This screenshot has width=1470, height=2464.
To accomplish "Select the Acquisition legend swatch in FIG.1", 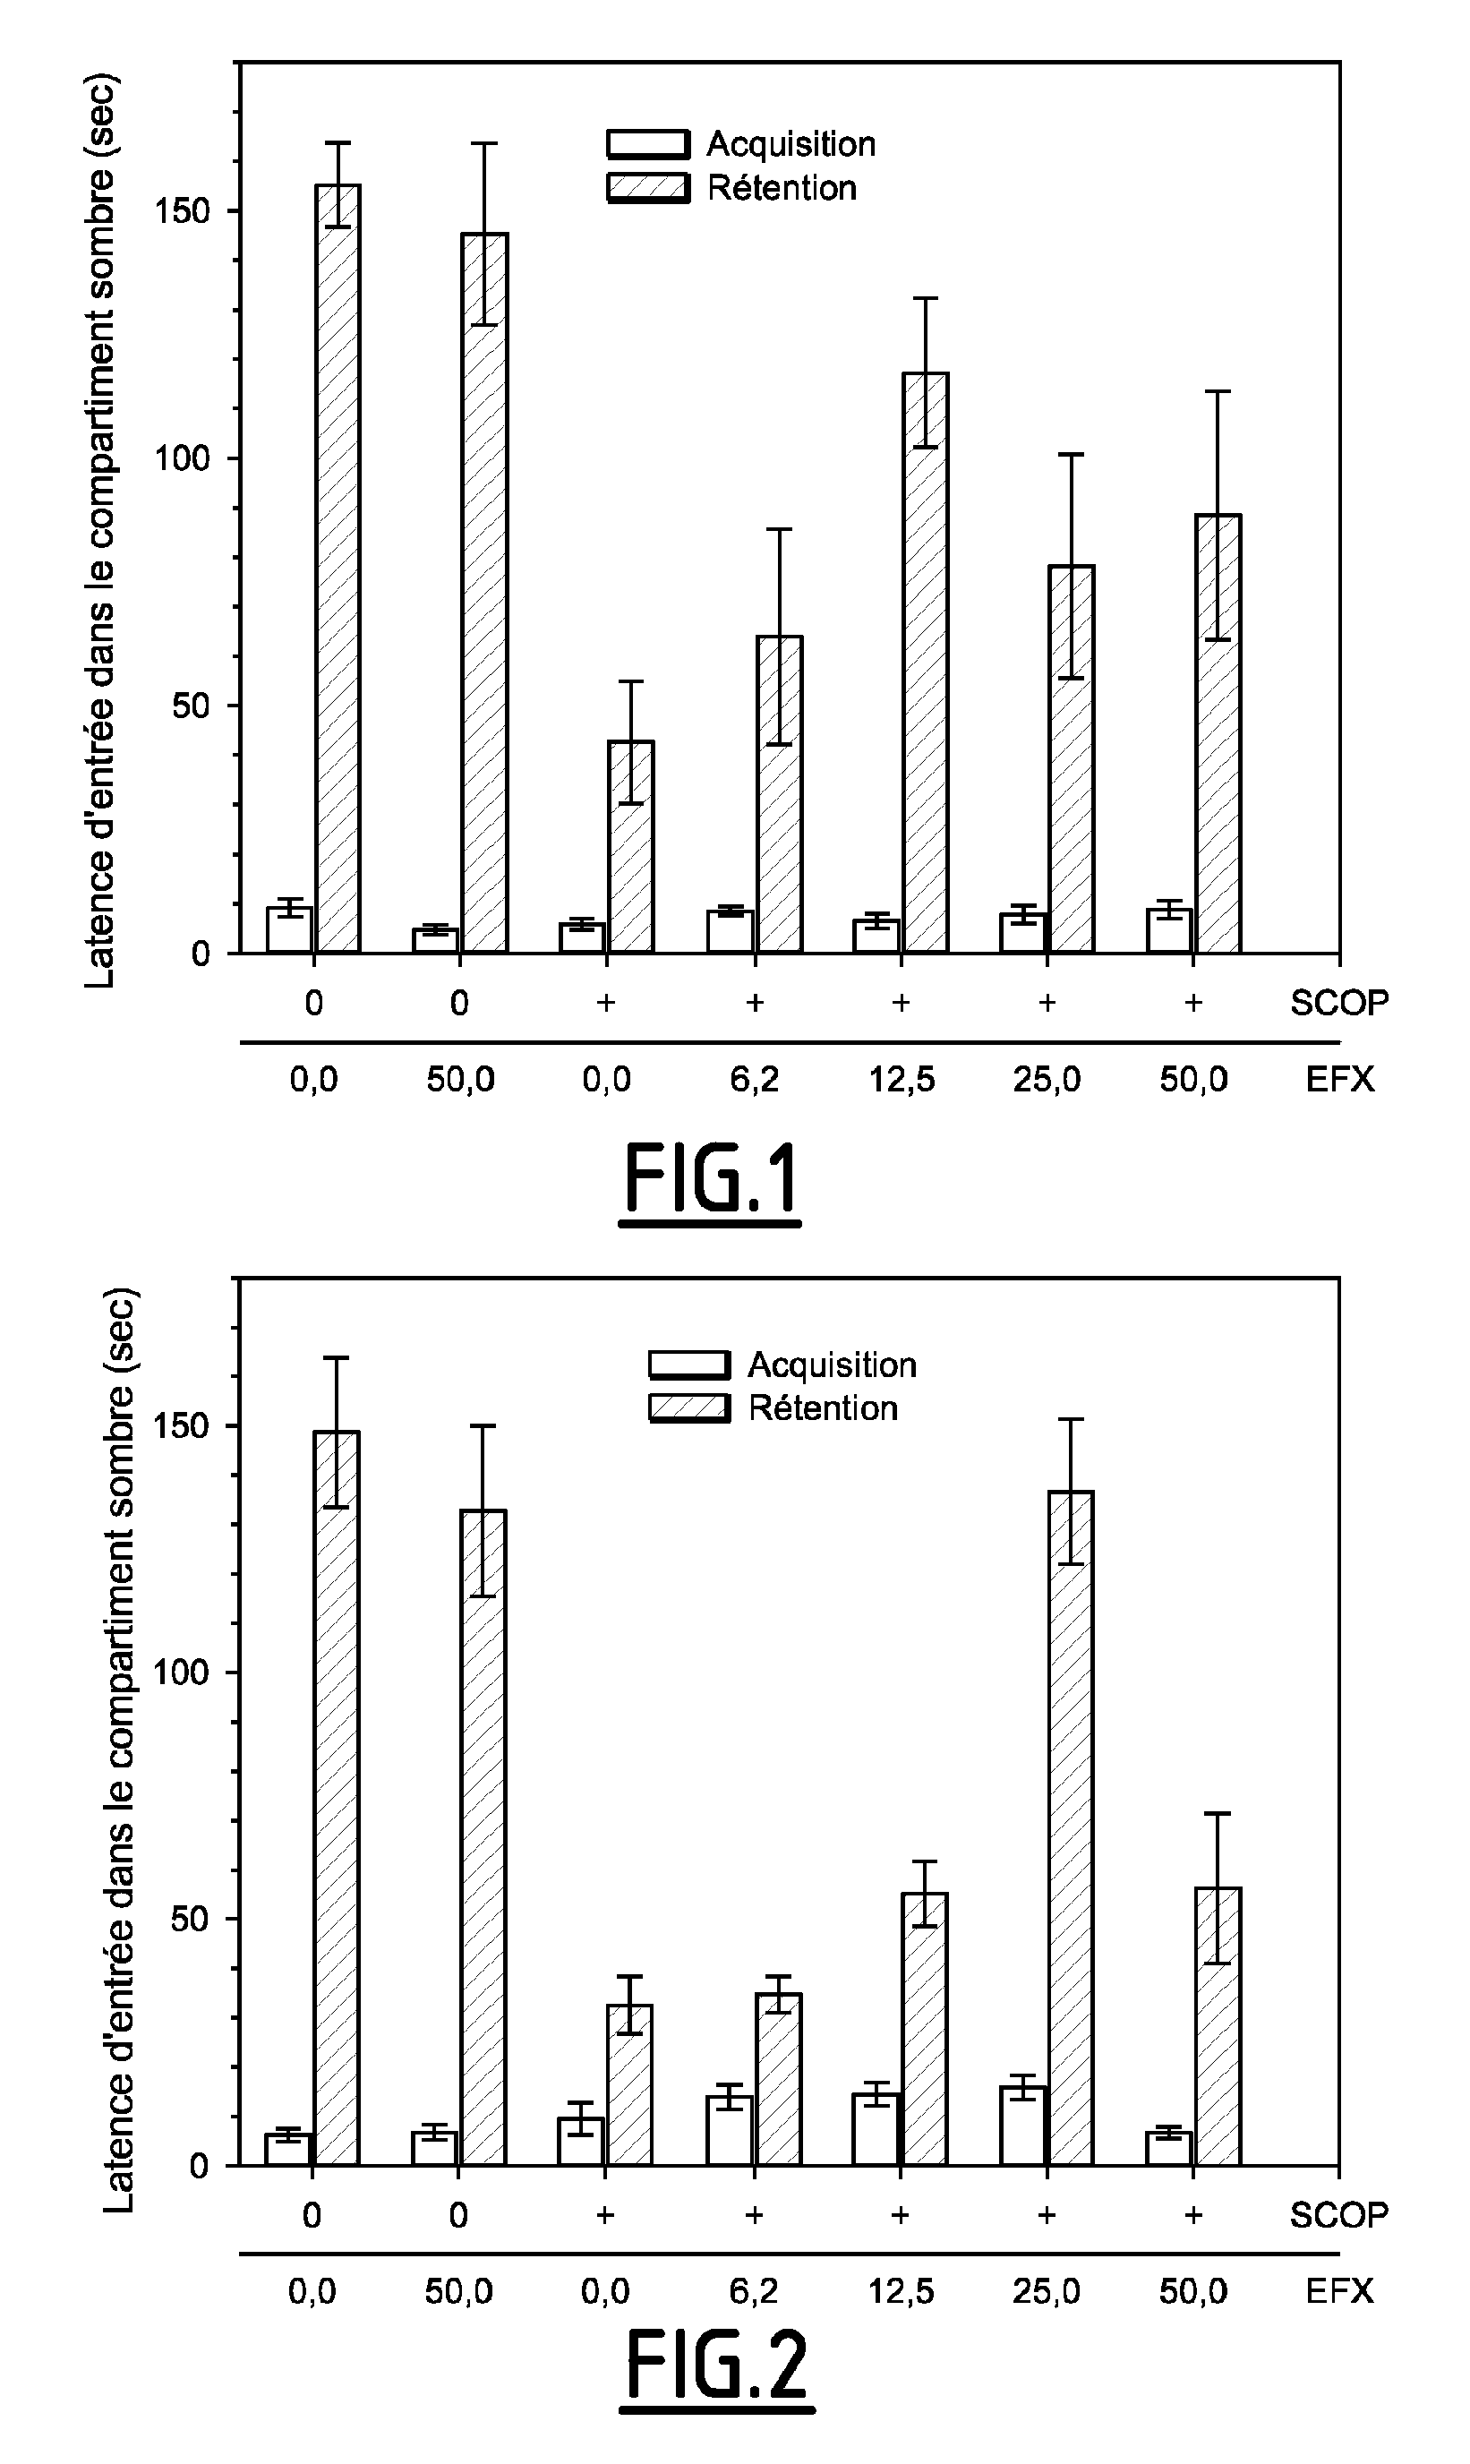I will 648,144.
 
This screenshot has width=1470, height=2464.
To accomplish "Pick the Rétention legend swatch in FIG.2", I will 689,1407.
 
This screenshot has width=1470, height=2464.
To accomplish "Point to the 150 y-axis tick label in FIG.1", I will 184,211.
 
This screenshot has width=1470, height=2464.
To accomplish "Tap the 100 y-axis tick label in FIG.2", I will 184,1672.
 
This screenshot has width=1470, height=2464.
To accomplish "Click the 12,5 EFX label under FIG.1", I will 902,1079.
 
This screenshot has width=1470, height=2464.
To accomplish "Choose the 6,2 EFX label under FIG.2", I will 754,2289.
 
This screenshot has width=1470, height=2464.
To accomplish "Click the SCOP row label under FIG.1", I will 1338,1002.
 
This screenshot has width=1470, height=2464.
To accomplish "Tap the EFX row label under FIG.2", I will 1339,2289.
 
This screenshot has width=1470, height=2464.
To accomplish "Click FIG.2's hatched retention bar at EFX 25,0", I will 1071,1827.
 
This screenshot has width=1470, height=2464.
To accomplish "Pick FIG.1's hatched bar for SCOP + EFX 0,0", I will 631,846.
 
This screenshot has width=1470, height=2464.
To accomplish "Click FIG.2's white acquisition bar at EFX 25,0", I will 1023,2126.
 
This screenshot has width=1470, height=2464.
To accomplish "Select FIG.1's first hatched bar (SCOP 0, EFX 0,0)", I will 338,569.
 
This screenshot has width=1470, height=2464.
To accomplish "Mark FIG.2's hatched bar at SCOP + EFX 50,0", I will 1218,2025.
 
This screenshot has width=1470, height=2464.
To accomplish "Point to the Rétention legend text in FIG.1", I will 782,188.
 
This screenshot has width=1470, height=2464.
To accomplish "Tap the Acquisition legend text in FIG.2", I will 832,1365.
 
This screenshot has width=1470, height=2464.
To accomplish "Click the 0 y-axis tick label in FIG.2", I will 198,2165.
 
